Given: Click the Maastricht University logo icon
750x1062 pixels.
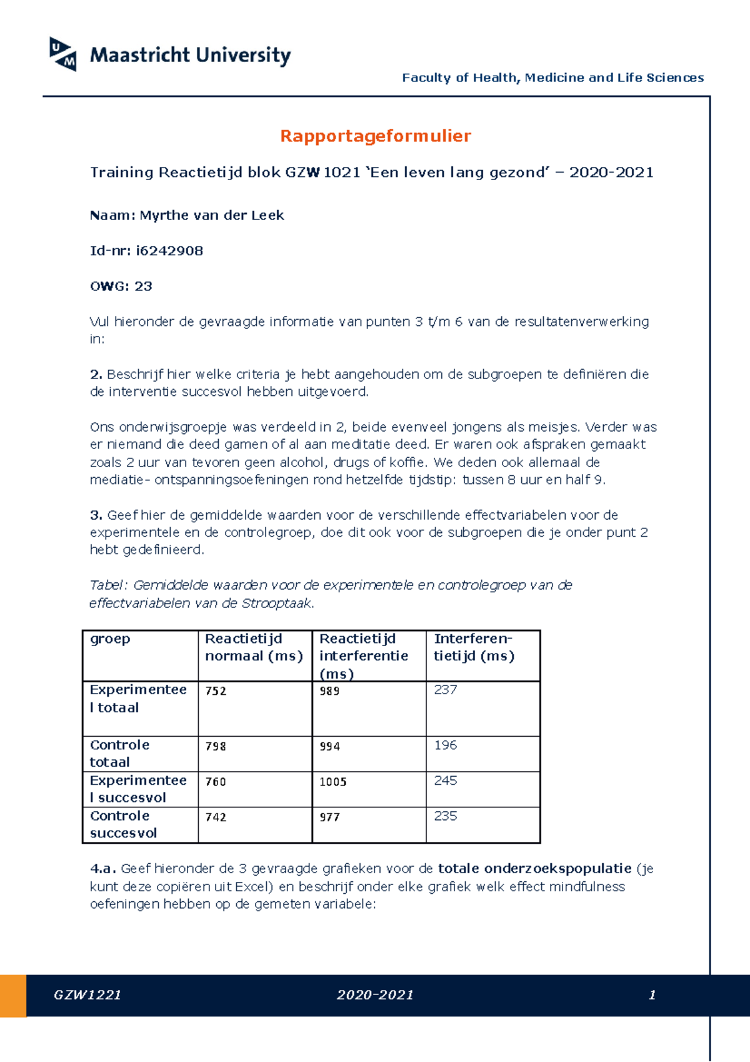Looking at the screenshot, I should coord(63,54).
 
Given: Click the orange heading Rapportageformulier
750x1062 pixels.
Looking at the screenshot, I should coord(375,136).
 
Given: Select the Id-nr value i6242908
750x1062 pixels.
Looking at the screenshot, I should coord(169,251).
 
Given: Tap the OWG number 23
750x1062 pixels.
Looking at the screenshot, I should coord(143,286).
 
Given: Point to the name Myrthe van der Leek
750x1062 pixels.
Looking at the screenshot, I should coord(211,215).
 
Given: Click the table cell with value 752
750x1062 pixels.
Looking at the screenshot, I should coord(216,691).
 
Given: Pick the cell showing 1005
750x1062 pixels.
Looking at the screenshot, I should coord(332,782).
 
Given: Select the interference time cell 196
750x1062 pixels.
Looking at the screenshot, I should coord(445,746).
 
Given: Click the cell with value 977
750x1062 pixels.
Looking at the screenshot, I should coord(329,817).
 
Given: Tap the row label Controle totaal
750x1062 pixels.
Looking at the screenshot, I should coord(119,753).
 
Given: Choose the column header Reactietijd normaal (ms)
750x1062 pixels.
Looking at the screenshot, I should coord(254,647).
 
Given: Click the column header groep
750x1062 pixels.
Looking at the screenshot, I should coord(110,639).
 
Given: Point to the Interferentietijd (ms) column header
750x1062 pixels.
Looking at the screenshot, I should coord(474,647).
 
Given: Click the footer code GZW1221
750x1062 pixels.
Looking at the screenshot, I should coord(87,995).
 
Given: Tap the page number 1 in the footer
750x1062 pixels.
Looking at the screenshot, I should coord(652,995).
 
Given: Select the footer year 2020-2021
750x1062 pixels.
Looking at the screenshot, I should coord(375,995).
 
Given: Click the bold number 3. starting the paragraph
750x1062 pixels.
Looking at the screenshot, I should coord(96,515).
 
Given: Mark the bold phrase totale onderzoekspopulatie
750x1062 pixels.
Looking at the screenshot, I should coord(534,869).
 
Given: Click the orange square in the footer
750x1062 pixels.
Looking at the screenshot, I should coord(13,995).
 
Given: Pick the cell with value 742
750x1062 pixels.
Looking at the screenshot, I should coord(216,817).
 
